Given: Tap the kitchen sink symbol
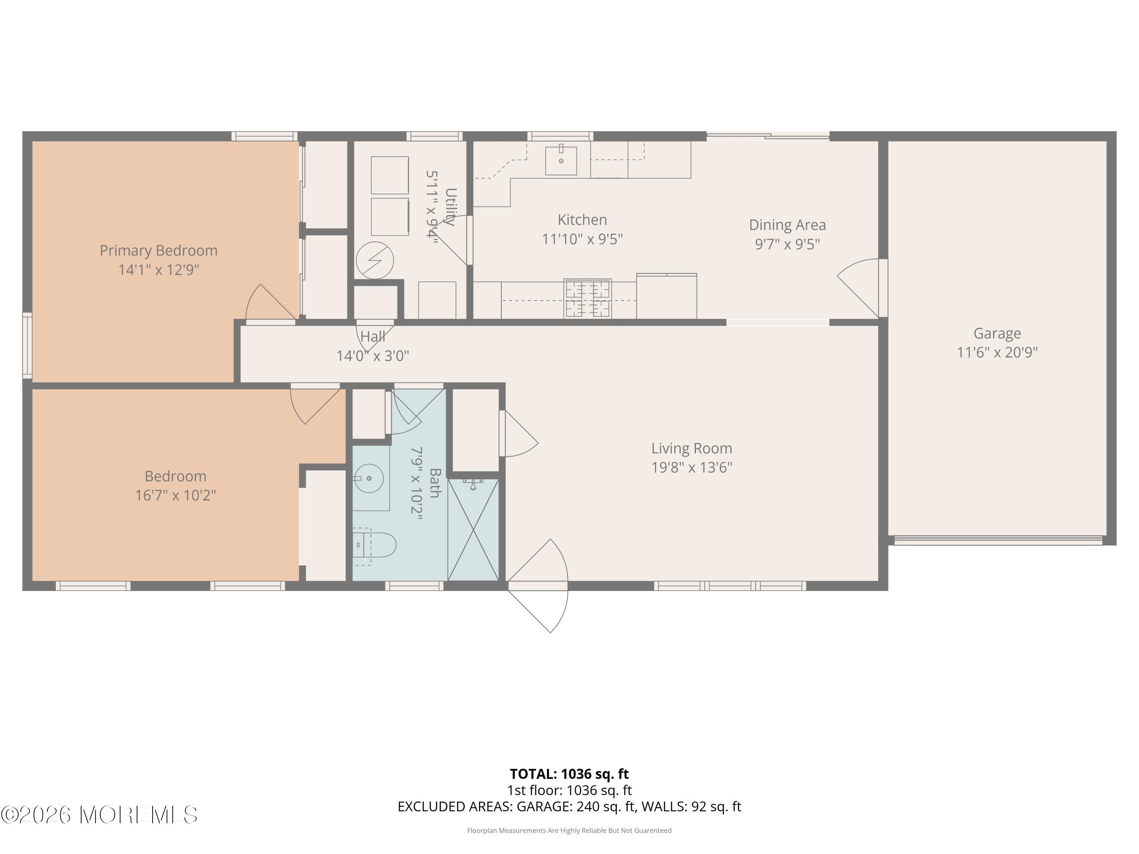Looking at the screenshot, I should pyautogui.click(x=561, y=160).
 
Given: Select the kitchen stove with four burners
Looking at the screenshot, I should pyautogui.click(x=587, y=299).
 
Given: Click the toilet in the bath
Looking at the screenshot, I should pyautogui.click(x=376, y=545).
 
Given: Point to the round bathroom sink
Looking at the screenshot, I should pyautogui.click(x=369, y=478).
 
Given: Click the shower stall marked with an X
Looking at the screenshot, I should pyautogui.click(x=473, y=530).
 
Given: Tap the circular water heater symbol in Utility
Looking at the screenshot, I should pyautogui.click(x=375, y=260).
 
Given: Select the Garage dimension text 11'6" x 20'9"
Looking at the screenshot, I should pyautogui.click(x=997, y=353).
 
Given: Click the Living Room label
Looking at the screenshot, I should pyautogui.click(x=691, y=448).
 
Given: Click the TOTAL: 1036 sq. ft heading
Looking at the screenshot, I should pyautogui.click(x=569, y=774).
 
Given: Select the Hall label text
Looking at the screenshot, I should pyautogui.click(x=372, y=337).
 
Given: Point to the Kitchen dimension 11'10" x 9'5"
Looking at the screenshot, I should pyautogui.click(x=582, y=239).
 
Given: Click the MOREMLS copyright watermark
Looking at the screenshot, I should pyautogui.click(x=99, y=815).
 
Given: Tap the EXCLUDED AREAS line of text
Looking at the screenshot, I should pyautogui.click(x=569, y=807).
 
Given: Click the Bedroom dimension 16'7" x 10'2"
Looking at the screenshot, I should pyautogui.click(x=175, y=495).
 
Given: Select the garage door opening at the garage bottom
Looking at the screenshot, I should pyautogui.click(x=998, y=540).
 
